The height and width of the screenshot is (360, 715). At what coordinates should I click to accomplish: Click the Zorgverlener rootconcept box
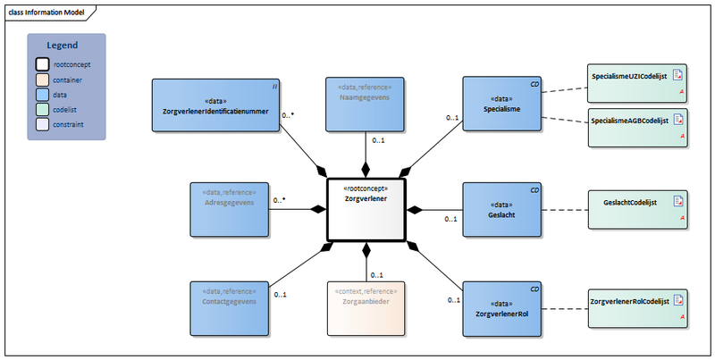point(366,209)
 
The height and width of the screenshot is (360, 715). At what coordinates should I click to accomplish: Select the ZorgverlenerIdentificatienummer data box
point(215,106)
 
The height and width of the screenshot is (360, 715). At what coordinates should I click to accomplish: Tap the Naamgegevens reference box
point(364,105)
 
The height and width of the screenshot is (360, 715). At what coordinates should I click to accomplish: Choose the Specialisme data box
point(501,105)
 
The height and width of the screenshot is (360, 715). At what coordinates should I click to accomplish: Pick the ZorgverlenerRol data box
point(501,309)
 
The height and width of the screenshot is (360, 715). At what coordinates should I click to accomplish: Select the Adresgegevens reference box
point(229,209)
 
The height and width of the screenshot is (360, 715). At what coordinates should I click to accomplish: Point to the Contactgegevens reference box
point(229,309)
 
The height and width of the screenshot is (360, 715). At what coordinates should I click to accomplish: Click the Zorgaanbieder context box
point(364,309)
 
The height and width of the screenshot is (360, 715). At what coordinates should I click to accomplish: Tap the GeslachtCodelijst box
point(636,209)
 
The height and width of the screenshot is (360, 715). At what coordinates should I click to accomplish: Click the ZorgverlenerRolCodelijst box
point(636,308)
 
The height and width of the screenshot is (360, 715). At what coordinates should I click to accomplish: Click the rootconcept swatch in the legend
point(42,64)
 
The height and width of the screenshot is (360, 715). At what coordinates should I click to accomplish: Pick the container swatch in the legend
point(42,80)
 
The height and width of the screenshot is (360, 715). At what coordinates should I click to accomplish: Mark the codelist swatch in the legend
point(42,110)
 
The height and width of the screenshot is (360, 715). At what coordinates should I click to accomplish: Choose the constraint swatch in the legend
point(42,125)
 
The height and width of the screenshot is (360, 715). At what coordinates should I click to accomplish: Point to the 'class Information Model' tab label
point(47,11)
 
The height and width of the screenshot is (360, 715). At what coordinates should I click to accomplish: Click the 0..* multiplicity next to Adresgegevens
point(279,200)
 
